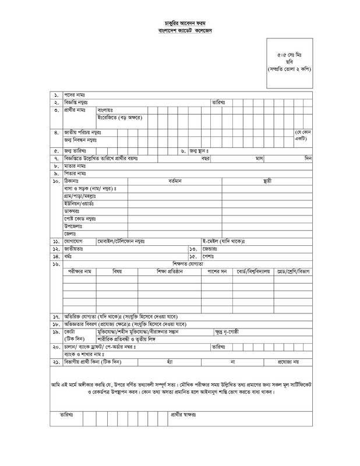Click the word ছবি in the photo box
(x=294, y=61)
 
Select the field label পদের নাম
(x=75, y=94)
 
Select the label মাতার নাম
(x=75, y=165)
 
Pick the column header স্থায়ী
(x=267, y=181)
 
